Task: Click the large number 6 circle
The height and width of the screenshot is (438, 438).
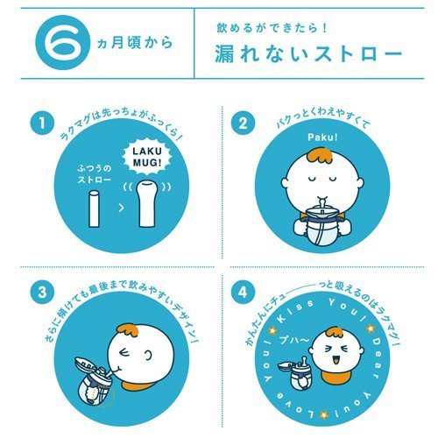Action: pos(62,43)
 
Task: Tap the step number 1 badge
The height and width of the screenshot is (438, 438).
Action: pos(42,123)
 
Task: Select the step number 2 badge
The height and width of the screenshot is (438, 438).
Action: pos(243,123)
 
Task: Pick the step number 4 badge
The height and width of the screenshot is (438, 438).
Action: pos(243,293)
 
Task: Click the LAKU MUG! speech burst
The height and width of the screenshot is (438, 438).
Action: pos(147,158)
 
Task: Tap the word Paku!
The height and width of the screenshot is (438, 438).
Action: pos(322,137)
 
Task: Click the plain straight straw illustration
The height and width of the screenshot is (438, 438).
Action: pos(94,208)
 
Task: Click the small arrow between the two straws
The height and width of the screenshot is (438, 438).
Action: pos(122,208)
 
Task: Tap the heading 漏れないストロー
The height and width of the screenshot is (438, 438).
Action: pos(309,53)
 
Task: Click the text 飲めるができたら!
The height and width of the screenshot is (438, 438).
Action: pos(271,28)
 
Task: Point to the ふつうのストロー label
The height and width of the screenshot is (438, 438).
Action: pos(94,174)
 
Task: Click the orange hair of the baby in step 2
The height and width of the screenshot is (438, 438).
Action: pos(320,158)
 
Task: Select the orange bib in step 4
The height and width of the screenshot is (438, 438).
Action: pos(332,376)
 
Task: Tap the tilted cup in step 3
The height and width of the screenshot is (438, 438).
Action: pos(94,380)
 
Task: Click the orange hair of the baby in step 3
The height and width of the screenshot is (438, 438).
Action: pos(128,331)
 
